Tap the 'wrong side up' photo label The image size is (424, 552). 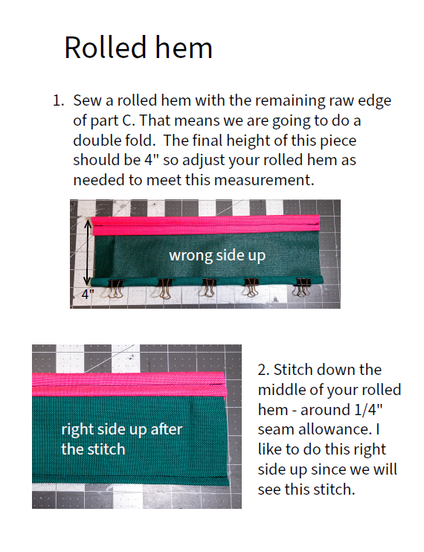[217, 256]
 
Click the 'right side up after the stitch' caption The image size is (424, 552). [122, 439]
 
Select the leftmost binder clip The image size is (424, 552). [115, 289]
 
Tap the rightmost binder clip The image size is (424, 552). [303, 286]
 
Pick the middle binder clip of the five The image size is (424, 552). [209, 287]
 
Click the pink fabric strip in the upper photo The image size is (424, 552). [205, 225]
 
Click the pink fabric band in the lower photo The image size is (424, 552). [129, 384]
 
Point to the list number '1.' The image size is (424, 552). [59, 100]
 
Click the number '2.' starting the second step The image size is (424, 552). [263, 370]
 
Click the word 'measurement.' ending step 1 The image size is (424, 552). [264, 180]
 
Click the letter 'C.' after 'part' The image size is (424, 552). [129, 121]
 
